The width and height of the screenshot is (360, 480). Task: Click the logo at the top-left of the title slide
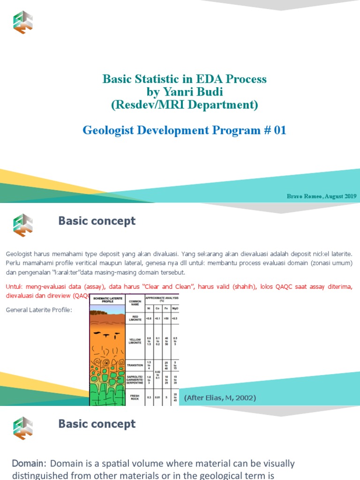tap(22, 22)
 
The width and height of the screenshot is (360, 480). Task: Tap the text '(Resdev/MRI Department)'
tap(184, 105)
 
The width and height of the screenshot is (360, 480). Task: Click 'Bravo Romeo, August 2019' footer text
tap(322, 196)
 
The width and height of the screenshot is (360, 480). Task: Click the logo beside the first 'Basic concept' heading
tap(22, 224)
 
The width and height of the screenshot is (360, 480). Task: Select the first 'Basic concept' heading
tap(97, 221)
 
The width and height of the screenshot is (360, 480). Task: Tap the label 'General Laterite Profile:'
tap(39, 310)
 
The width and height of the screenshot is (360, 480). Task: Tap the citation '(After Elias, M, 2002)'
tap(220, 398)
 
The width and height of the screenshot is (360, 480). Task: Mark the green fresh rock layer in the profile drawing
tap(107, 394)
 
